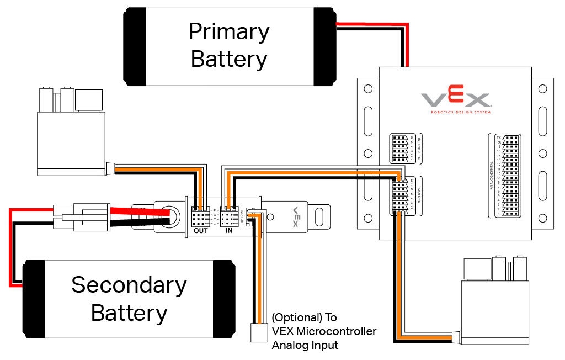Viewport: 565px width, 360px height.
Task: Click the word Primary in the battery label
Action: tap(228, 32)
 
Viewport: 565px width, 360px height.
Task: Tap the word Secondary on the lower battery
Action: tap(129, 285)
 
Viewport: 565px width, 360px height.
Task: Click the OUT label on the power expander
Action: tap(201, 230)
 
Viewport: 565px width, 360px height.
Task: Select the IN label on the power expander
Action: tap(229, 230)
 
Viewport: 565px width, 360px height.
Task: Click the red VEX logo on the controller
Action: tap(456, 100)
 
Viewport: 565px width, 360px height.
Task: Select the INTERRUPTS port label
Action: tap(420, 149)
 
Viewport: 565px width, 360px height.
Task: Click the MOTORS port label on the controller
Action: tap(420, 195)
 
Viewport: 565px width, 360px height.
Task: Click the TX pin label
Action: tap(498, 137)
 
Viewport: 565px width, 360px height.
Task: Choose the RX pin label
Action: tap(498, 142)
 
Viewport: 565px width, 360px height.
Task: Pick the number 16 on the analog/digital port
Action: tap(498, 146)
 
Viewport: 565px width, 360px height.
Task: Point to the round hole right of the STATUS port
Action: tap(271, 216)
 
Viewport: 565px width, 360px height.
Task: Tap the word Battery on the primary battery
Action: tap(228, 59)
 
